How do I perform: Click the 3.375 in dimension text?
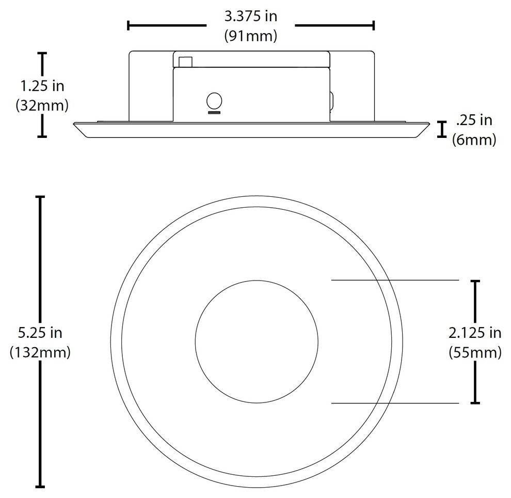[x=250, y=17]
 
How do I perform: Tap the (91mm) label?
[x=250, y=36]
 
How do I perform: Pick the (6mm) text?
[x=474, y=139]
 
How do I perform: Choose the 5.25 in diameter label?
[x=40, y=332]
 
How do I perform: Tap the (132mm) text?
[x=40, y=352]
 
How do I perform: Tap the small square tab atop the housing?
[x=185, y=61]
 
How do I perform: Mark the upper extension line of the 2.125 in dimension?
[x=395, y=280]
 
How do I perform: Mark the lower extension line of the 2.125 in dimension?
[x=395, y=403]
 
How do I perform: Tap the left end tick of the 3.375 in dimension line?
[x=128, y=25]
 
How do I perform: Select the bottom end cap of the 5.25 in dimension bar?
[x=40, y=487]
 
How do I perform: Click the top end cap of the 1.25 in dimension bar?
[x=42, y=53]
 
